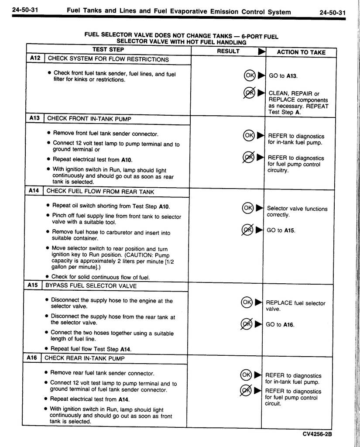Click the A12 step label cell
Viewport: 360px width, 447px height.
(35, 58)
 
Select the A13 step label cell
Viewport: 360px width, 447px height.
(35, 118)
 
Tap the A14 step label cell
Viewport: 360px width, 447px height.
(34, 191)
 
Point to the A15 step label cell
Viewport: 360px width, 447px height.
(33, 285)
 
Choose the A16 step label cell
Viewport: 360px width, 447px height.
(32, 358)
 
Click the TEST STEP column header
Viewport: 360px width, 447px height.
(108, 50)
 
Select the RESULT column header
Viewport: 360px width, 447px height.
(228, 51)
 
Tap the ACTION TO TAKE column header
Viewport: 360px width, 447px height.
(301, 52)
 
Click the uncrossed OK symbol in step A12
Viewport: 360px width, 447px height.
(250, 75)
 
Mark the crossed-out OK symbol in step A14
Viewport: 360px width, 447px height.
(247, 230)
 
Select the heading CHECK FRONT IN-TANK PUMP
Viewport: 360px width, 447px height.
(89, 118)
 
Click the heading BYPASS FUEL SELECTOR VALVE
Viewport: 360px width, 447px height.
(91, 286)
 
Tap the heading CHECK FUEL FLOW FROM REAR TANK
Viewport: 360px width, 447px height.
(100, 191)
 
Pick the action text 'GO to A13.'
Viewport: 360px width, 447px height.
(283, 76)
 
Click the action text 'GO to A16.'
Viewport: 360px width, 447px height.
(280, 324)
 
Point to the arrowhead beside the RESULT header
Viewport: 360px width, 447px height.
(261, 52)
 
